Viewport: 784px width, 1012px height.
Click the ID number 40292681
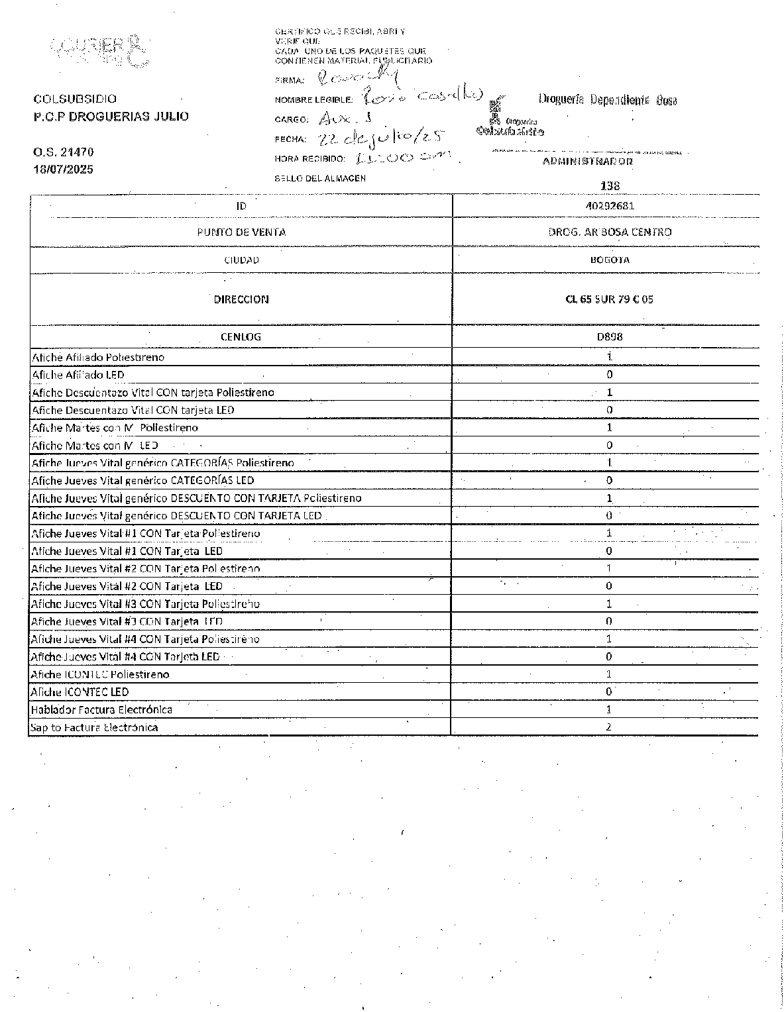pyautogui.click(x=610, y=206)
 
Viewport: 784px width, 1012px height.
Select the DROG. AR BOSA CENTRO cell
pyautogui.click(x=610, y=232)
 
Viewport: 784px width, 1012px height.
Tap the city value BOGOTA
pyautogui.click(x=610, y=260)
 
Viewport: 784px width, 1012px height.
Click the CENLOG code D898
pyautogui.click(x=610, y=336)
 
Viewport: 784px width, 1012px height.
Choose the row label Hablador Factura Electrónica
pyautogui.click(x=101, y=710)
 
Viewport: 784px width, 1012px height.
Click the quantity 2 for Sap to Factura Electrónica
pyautogui.click(x=609, y=727)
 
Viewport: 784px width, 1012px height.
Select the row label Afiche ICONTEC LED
pyautogui.click(x=80, y=692)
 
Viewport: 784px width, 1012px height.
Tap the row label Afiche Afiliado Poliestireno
pyautogui.click(x=98, y=358)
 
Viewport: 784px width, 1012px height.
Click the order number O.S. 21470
pyautogui.click(x=63, y=152)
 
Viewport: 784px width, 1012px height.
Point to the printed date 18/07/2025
pyautogui.click(x=63, y=170)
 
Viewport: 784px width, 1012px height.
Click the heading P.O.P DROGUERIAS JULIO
pyautogui.click(x=111, y=117)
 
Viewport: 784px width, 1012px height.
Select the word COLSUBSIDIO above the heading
pyautogui.click(x=75, y=99)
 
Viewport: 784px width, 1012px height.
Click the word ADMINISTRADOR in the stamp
pyautogui.click(x=588, y=161)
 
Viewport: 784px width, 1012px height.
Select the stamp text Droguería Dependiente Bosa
pyautogui.click(x=607, y=100)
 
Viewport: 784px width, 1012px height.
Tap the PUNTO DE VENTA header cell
pyautogui.click(x=241, y=232)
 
